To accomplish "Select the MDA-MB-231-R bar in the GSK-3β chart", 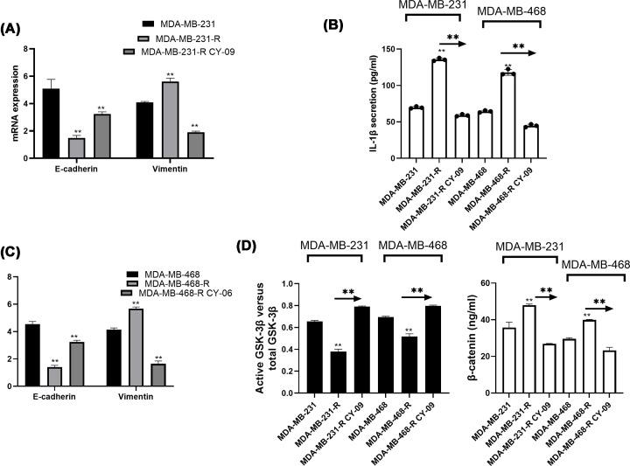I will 337,368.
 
